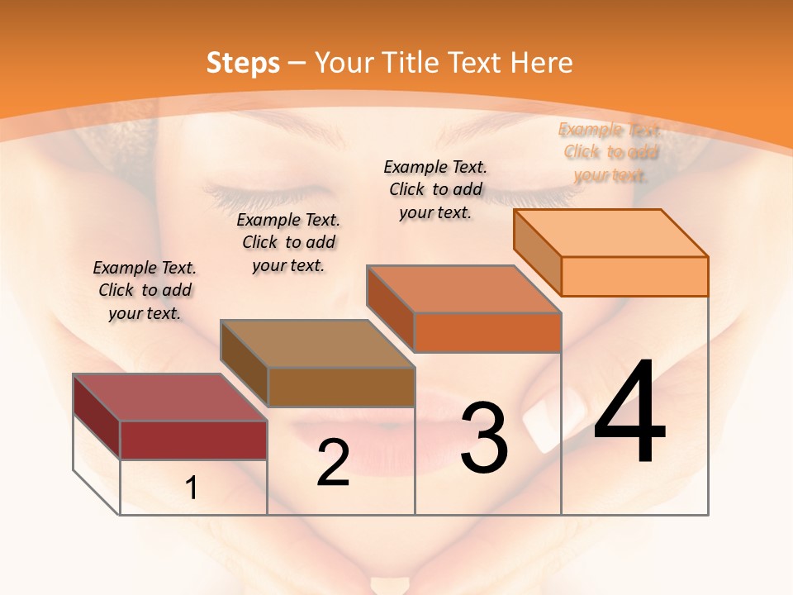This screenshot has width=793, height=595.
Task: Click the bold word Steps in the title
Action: point(242,63)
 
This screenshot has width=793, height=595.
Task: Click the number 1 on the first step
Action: point(192,488)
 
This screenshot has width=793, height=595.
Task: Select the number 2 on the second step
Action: point(333,463)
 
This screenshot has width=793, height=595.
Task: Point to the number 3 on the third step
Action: point(484,438)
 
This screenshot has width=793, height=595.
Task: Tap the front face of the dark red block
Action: point(193,440)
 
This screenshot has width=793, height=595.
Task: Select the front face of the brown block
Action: point(341,387)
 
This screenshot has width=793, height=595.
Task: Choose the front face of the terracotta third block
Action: point(487,332)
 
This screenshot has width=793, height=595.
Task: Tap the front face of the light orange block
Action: point(634,276)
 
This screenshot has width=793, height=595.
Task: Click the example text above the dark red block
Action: point(145,290)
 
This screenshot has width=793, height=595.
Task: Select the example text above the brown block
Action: point(288,242)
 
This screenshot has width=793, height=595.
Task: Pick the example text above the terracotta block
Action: point(435,189)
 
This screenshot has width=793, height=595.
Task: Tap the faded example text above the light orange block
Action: point(610,152)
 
